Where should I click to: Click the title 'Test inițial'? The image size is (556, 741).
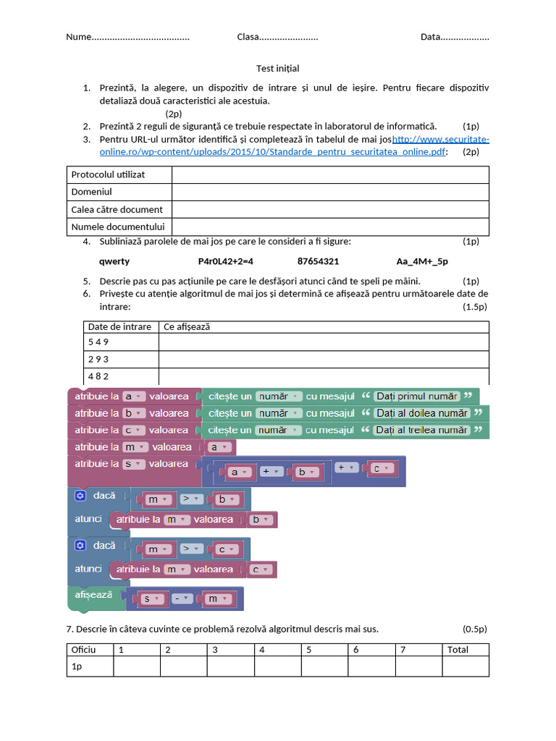(277, 68)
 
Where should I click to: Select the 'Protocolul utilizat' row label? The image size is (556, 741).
(108, 174)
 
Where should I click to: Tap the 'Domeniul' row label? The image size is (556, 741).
(91, 192)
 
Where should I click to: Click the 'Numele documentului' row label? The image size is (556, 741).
(118, 227)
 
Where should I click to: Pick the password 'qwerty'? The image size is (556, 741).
(114, 261)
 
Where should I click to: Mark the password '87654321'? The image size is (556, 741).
(318, 261)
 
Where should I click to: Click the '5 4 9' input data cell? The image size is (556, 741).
(98, 342)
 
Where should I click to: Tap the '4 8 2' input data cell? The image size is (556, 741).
(98, 376)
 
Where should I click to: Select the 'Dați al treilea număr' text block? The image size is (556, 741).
(421, 430)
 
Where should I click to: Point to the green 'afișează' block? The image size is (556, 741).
(94, 595)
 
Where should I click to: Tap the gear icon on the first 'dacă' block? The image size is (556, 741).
(80, 496)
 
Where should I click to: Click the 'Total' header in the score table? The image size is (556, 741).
(458, 650)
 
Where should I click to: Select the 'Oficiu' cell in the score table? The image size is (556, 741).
(83, 650)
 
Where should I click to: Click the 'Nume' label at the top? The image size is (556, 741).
(79, 37)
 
